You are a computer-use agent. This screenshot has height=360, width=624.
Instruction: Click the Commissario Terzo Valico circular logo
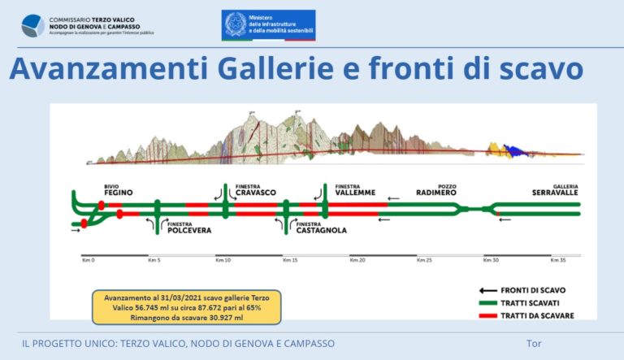pyautogui.click(x=32, y=24)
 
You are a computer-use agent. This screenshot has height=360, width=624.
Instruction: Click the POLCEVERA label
pyautogui.click(x=189, y=231)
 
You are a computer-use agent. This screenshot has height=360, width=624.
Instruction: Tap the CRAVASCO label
pyautogui.click(x=256, y=193)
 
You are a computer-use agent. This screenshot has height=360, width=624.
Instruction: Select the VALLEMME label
pyautogui.click(x=356, y=193)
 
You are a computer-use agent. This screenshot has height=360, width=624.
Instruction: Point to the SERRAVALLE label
pyautogui.click(x=556, y=193)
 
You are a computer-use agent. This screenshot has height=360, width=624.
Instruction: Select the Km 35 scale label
pyautogui.click(x=557, y=262)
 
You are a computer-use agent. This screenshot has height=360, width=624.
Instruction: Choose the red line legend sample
pyautogui.click(x=487, y=314)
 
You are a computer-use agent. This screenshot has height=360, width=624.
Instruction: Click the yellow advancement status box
pyautogui.click(x=186, y=306)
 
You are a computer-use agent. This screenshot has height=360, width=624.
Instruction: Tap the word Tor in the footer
pyautogui.click(x=534, y=344)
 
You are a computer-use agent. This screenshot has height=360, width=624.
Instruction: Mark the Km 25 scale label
pyautogui.click(x=423, y=262)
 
